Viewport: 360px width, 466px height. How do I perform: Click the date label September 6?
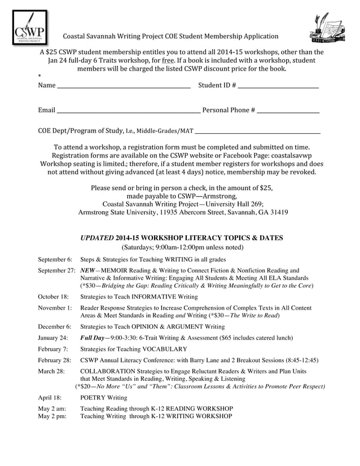[55, 260]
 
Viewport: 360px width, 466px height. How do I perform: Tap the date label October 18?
[53, 296]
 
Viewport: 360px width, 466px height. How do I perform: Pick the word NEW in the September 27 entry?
[88, 270]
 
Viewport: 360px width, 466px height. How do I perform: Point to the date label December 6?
[54, 326]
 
